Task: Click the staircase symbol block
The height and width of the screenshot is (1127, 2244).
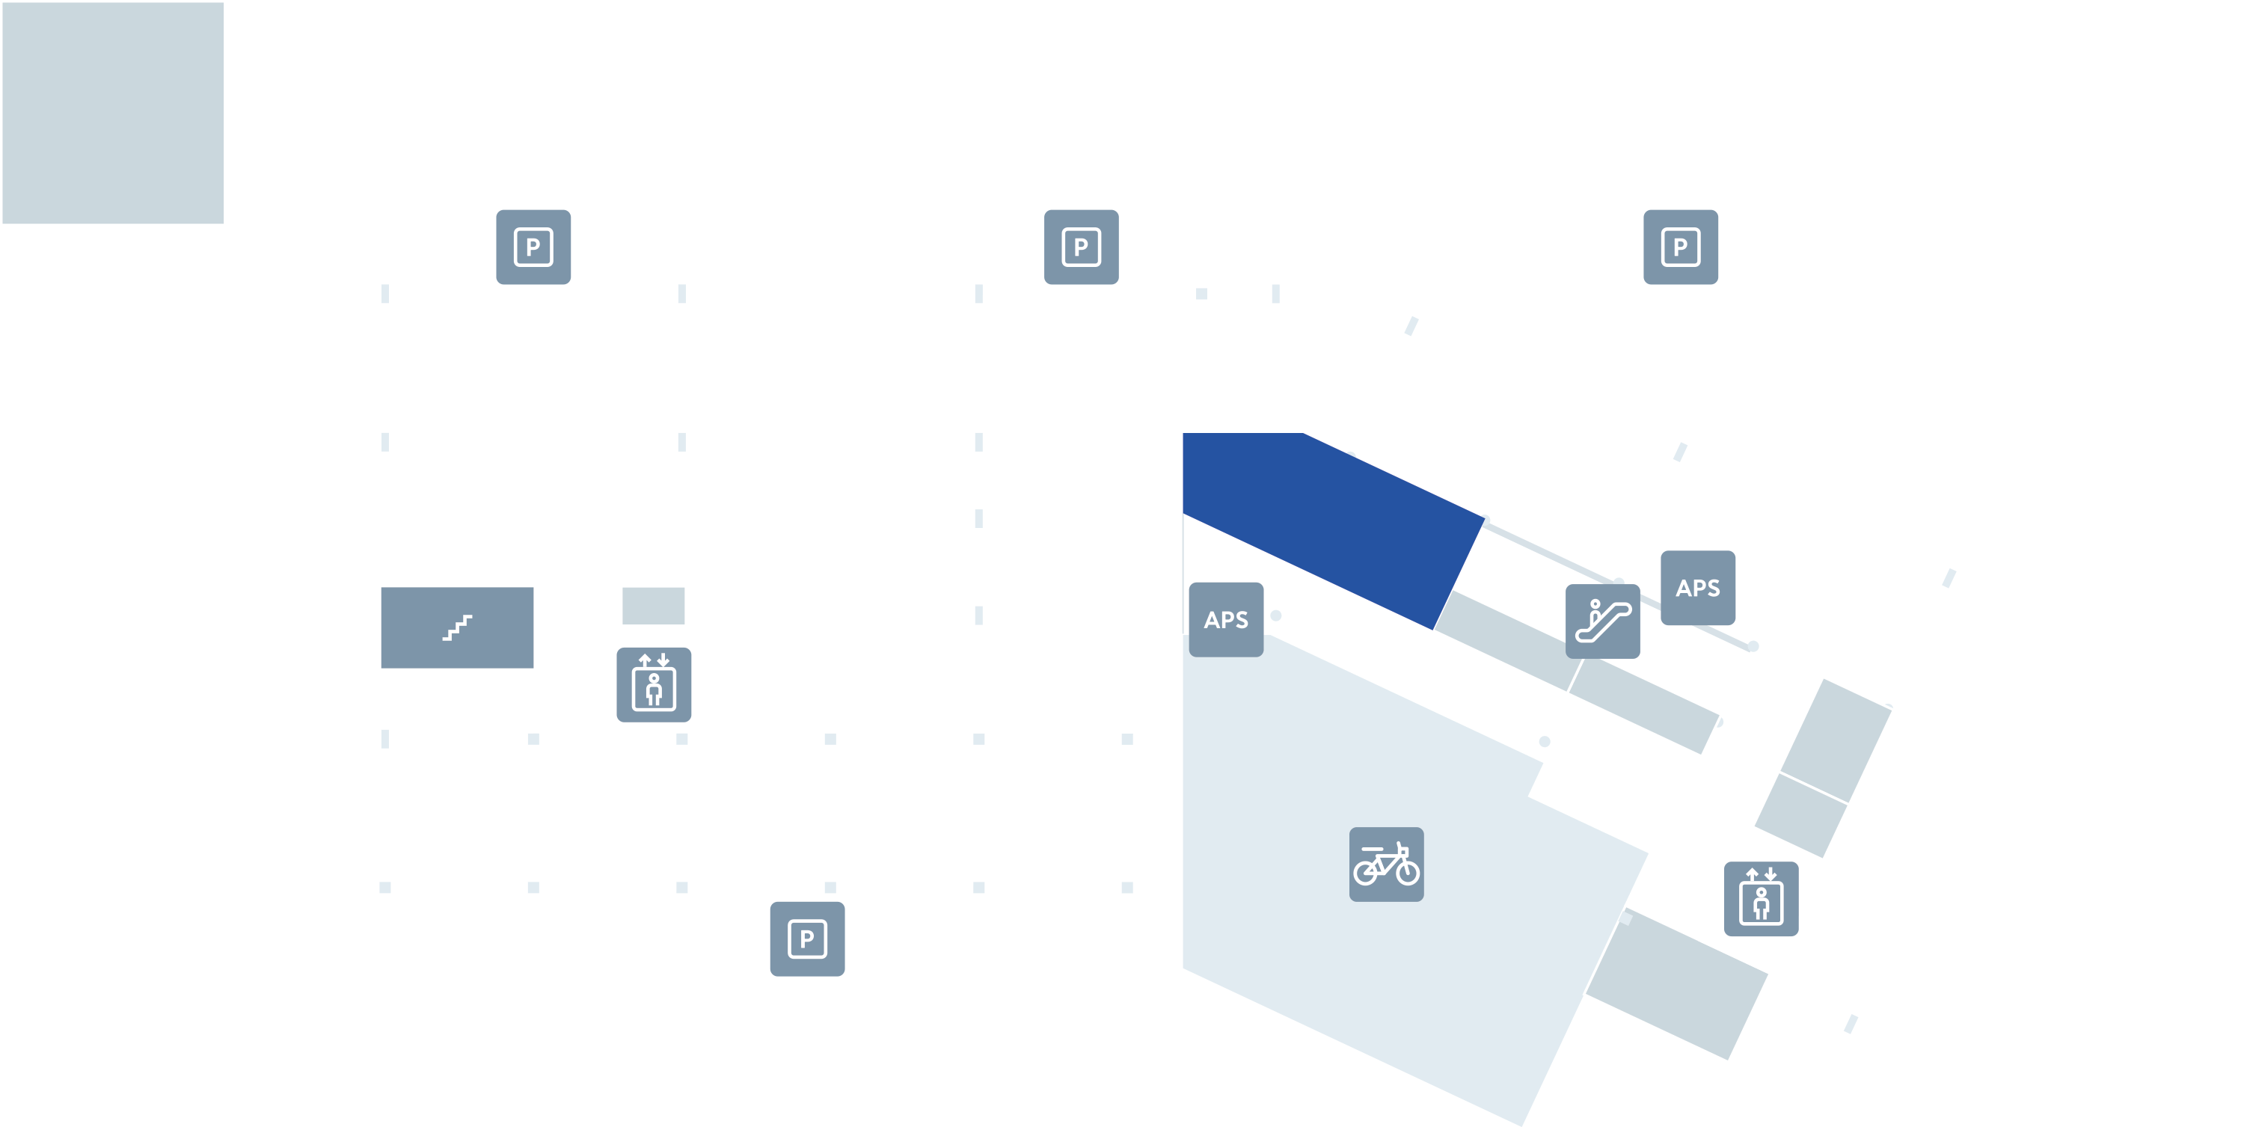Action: point(456,627)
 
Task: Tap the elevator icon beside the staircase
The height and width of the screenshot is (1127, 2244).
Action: point(653,684)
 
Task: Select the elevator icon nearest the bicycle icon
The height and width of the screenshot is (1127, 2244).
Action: point(1761,899)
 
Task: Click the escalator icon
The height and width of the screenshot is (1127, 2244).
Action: point(1602,621)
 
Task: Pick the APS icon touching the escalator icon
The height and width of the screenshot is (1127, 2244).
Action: point(1697,588)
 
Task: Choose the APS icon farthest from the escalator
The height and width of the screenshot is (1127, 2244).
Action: point(1226,619)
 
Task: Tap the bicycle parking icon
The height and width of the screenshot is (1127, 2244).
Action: point(1386,864)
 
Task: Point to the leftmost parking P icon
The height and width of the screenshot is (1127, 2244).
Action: point(533,247)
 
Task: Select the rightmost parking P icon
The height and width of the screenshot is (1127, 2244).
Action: point(1681,247)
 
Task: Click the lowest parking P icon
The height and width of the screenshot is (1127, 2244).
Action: point(806,939)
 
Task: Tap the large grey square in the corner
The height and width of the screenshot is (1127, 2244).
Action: point(113,112)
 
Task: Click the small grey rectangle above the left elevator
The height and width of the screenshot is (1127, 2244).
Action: point(653,605)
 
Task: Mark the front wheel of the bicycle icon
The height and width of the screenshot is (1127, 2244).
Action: point(1408,871)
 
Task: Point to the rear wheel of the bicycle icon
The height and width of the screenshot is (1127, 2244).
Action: point(1365,872)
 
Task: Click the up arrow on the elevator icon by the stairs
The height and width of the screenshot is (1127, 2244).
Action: point(645,660)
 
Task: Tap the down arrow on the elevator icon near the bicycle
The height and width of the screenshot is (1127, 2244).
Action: point(1770,874)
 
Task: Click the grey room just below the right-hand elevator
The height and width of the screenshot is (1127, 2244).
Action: point(1677,984)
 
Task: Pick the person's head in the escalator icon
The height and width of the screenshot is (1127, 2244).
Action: point(1595,603)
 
